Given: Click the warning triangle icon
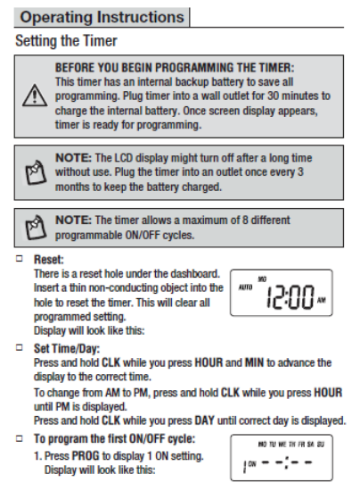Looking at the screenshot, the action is (x=35, y=96).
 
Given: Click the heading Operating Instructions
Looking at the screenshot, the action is (x=102, y=17).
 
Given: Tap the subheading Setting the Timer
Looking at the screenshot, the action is (x=66, y=41).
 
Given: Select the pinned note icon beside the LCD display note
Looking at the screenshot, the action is (x=36, y=172).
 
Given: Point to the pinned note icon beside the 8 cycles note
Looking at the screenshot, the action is (x=36, y=228).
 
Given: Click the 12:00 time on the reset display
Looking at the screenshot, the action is (x=290, y=297).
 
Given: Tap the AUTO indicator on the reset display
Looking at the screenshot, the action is (x=245, y=287).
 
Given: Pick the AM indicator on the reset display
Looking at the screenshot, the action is (x=322, y=300).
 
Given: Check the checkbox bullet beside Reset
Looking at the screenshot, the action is (x=20, y=258).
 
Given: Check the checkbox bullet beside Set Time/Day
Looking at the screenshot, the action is (x=20, y=347).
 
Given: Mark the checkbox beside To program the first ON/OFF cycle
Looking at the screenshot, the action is (x=20, y=438).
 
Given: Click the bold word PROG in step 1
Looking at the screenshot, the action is (x=86, y=455).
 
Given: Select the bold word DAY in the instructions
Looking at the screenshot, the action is (x=204, y=420).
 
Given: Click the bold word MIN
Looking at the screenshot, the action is (x=254, y=362).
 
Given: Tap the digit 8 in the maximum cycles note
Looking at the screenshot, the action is (x=245, y=221).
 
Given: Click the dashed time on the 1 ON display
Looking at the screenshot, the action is (x=287, y=462).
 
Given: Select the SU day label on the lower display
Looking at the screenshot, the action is (x=321, y=445).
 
